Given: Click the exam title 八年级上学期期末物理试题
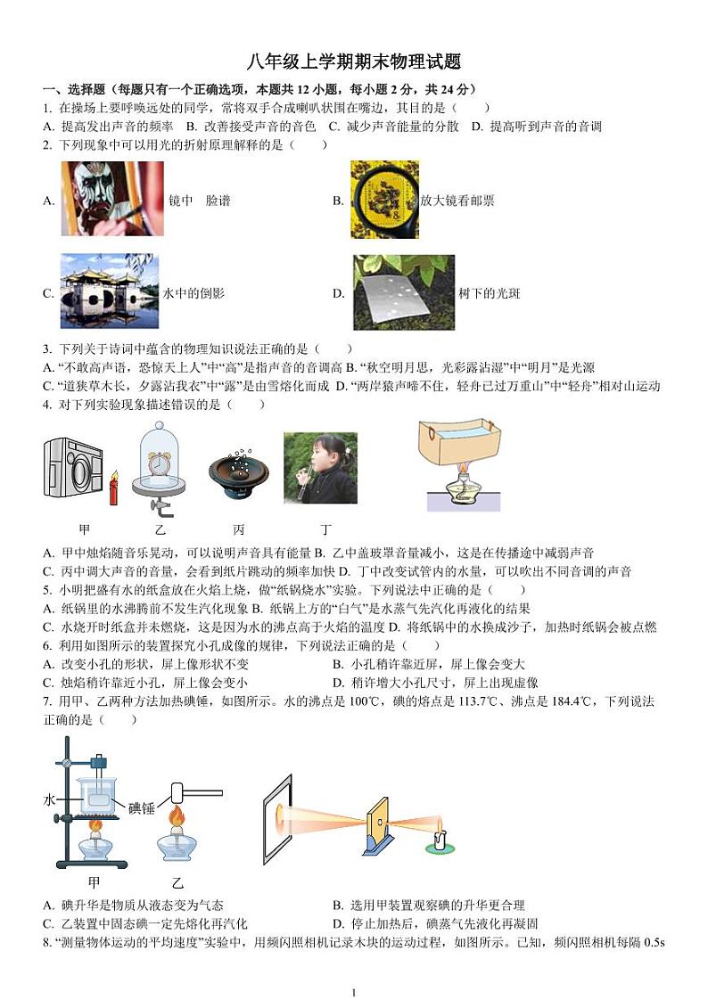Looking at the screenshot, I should (x=354, y=61).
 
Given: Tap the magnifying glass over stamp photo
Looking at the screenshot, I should (x=384, y=200).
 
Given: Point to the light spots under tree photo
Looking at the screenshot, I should (x=403, y=292).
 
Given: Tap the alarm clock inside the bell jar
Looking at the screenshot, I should (x=161, y=463).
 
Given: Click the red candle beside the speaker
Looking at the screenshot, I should (x=113, y=489).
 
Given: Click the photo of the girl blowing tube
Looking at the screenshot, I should (x=320, y=468).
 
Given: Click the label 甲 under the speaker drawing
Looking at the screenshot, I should (x=85, y=528).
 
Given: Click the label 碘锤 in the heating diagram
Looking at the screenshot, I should (x=142, y=808).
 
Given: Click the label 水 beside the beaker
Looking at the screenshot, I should (x=50, y=799).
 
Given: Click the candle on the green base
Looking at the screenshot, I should (x=438, y=840).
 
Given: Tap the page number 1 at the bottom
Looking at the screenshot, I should (x=354, y=992).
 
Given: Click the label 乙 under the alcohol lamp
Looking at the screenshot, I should (x=177, y=882).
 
